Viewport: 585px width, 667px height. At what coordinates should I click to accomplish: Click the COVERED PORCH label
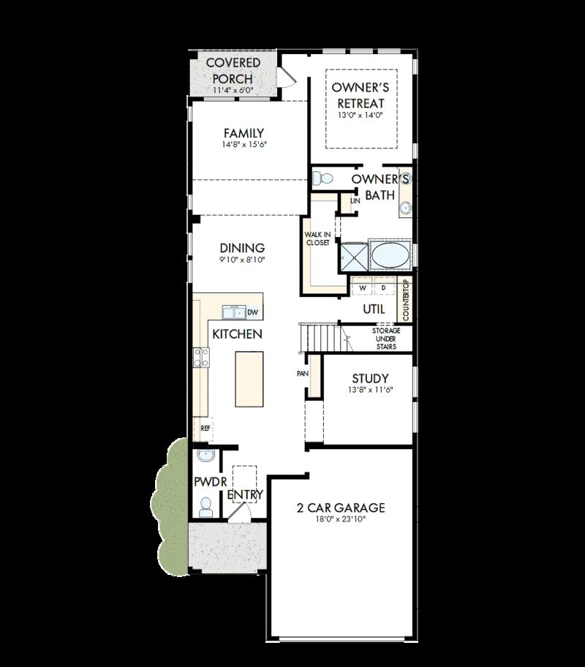(x=233, y=71)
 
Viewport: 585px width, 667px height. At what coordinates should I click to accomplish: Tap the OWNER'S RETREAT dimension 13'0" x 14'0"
(x=361, y=115)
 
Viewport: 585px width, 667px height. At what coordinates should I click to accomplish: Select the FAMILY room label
(x=244, y=133)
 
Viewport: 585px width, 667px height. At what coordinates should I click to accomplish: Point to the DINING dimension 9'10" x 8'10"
(x=242, y=260)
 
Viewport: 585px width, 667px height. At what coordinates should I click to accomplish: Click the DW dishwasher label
(x=252, y=313)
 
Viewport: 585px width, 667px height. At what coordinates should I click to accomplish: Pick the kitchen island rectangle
(x=249, y=379)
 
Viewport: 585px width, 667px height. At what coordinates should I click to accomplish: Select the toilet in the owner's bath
(x=322, y=178)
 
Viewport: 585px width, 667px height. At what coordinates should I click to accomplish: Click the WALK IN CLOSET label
(x=317, y=238)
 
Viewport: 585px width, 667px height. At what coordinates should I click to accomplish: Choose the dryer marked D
(x=382, y=287)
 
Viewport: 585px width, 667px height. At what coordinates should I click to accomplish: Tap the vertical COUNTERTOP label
(x=405, y=299)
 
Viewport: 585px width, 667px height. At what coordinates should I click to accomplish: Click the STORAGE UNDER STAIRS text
(x=382, y=339)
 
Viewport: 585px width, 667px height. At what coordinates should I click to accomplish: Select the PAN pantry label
(x=302, y=374)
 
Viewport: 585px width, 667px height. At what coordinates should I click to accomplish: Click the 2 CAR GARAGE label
(x=341, y=508)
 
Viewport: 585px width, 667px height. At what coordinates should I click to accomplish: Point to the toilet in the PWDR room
(x=205, y=505)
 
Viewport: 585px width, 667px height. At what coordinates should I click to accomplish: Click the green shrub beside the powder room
(x=174, y=505)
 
